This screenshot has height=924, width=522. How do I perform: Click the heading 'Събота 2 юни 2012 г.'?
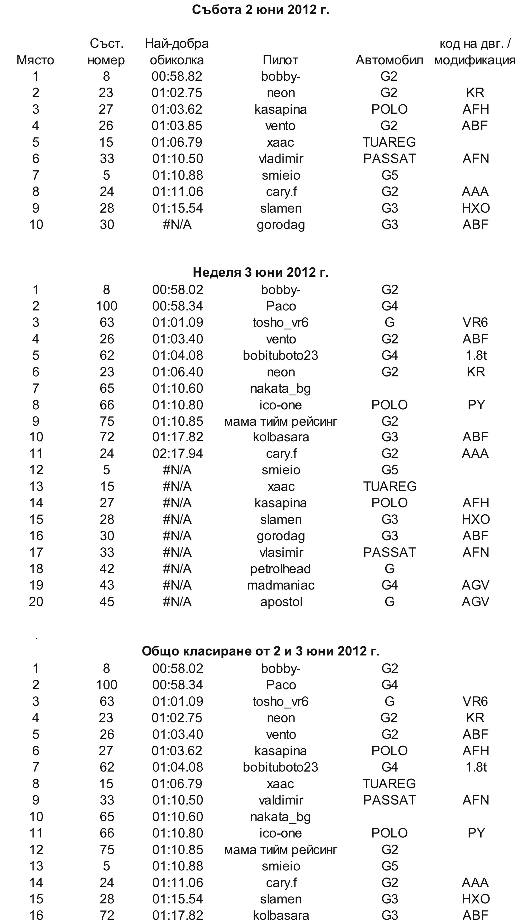coord(260,10)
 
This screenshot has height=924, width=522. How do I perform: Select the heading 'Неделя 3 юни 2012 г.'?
coord(260,272)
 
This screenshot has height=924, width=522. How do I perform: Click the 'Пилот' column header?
coord(281,60)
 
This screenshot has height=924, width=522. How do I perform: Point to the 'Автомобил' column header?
coord(389,60)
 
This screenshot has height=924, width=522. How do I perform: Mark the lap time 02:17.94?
coord(178,453)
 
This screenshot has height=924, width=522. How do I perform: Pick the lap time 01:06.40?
coord(178,372)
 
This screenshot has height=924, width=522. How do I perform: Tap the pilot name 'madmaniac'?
coord(281,585)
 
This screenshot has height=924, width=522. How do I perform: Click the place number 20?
coord(36,602)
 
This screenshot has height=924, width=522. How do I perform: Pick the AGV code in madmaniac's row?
coord(475,585)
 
